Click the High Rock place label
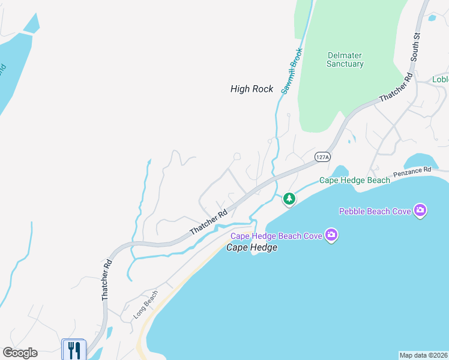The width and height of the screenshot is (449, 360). point(252,89)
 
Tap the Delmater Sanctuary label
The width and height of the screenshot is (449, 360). point(345,59)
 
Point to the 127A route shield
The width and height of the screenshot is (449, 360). point(322,157)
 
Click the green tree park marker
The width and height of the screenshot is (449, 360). point(289,198)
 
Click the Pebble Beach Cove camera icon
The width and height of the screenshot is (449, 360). point(420,210)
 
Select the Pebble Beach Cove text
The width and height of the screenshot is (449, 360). point(375,211)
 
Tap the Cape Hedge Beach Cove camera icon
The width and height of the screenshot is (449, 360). point(330,235)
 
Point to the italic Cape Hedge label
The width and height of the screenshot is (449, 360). point(252,247)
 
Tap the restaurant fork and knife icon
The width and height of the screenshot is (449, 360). point(74,350)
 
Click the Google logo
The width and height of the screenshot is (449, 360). point(20,353)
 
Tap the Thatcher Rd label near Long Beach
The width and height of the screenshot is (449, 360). point(106,280)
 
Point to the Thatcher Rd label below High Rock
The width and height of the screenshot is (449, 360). point(208,222)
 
